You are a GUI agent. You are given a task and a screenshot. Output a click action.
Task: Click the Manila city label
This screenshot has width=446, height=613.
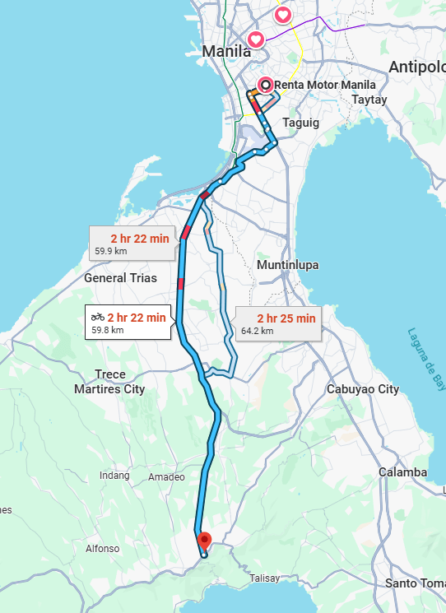pyautogui.click(x=226, y=51)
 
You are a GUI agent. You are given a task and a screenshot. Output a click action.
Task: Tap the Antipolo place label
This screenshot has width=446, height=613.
pyautogui.click(x=417, y=66)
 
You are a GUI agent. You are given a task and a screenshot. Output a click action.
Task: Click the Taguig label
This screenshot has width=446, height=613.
pyautogui.click(x=300, y=122)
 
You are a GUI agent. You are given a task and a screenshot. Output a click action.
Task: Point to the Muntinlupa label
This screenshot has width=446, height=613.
pyautogui.click(x=287, y=266)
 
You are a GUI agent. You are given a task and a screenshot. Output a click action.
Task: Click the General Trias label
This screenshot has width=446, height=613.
pyautogui.click(x=120, y=278)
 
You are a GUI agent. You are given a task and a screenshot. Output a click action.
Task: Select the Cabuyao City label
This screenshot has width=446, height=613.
pyautogui.click(x=362, y=389)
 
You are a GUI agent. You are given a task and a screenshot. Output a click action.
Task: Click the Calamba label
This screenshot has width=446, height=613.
pyautogui.click(x=402, y=472)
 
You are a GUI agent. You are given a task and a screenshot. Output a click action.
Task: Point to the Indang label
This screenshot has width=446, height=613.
pyautogui.click(x=114, y=476)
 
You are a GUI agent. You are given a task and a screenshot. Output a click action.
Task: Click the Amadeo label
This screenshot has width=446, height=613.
pyautogui.click(x=160, y=477)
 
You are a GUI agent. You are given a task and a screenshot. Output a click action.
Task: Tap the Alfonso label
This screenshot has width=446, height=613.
pyautogui.click(x=103, y=548)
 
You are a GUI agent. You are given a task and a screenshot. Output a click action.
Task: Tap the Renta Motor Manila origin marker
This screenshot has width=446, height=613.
pyautogui.click(x=265, y=84)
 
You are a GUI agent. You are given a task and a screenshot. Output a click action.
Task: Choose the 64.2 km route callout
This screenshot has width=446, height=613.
pyautogui.click(x=276, y=324)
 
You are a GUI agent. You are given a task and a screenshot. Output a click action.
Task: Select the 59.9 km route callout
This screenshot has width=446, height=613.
pyautogui.click(x=134, y=244)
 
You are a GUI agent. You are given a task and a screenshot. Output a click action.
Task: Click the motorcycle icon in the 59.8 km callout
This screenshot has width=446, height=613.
pyautogui.click(x=98, y=317)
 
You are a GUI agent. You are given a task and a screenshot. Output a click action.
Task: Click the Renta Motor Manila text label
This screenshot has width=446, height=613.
pyautogui.click(x=324, y=85)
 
